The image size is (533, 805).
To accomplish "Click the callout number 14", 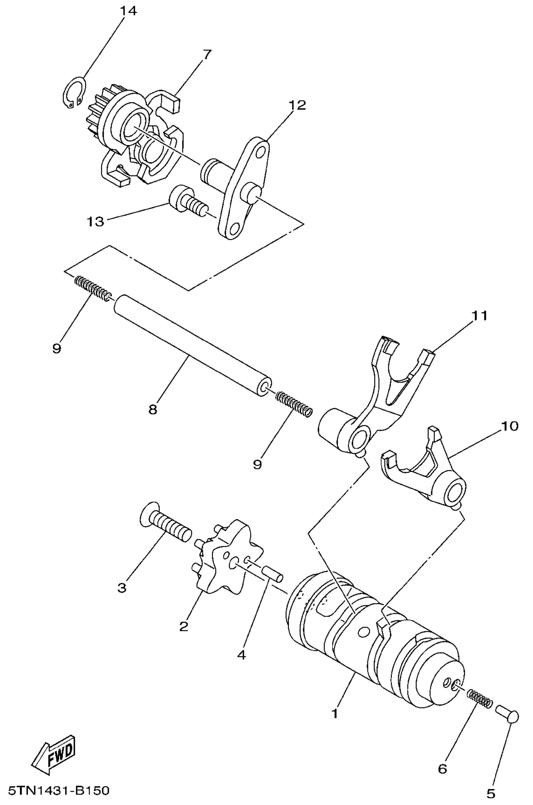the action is (128, 11).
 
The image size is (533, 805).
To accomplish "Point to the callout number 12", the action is (297, 105).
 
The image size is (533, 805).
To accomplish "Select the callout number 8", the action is (153, 410).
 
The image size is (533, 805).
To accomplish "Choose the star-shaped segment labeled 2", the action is (226, 563).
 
